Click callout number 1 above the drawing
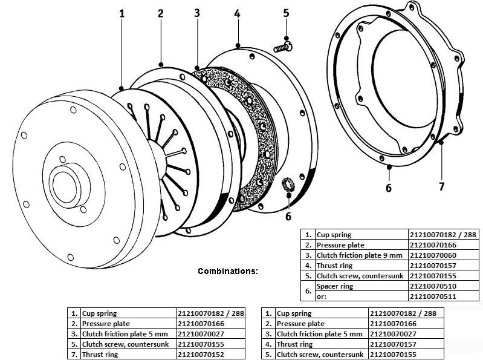(x=122, y=13)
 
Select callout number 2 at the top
(x=160, y=13)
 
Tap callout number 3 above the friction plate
(x=198, y=13)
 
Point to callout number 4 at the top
(x=238, y=13)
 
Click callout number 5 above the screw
(x=286, y=13)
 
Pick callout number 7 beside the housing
(x=442, y=186)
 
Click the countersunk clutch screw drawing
(x=282, y=45)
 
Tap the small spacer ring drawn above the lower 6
(x=288, y=185)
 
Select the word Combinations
(x=228, y=271)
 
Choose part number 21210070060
(x=433, y=255)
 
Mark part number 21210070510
(x=433, y=286)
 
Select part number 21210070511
(x=433, y=296)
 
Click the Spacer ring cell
(x=336, y=286)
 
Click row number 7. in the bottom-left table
(x=74, y=355)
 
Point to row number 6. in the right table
(x=308, y=291)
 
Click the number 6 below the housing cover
(x=389, y=188)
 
